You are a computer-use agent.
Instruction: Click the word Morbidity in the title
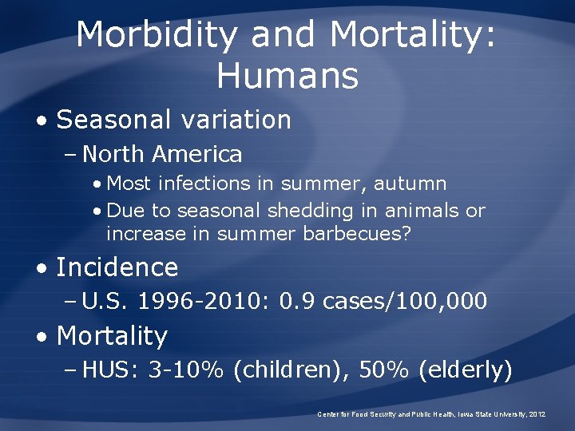pyautogui.click(x=157, y=37)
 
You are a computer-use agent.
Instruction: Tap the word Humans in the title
pyautogui.click(x=287, y=77)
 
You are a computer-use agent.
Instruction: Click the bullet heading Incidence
pyautogui.click(x=117, y=267)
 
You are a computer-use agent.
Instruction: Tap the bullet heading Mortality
pyautogui.click(x=112, y=336)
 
